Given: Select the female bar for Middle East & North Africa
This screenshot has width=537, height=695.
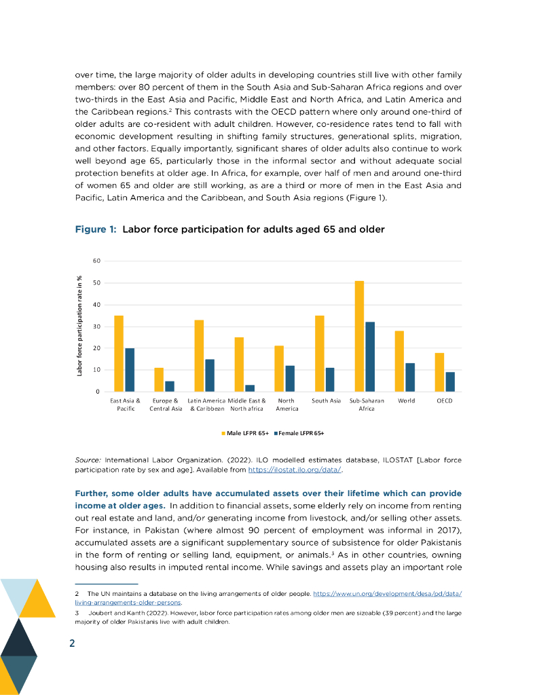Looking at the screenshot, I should pyautogui.click(x=250, y=388).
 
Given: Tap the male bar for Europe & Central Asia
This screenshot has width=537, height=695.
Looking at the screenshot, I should pyautogui.click(x=159, y=380).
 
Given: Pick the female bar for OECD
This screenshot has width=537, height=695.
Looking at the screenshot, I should pyautogui.click(x=450, y=381).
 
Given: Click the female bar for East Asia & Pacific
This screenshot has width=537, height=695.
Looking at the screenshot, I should pyautogui.click(x=130, y=370).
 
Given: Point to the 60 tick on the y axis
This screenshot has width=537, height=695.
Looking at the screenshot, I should pyautogui.click(x=96, y=261).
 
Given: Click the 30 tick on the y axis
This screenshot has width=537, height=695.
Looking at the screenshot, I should pyautogui.click(x=96, y=326).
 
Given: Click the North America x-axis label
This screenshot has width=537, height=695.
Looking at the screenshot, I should pyautogui.click(x=287, y=405).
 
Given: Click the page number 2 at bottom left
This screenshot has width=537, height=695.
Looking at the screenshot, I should pyautogui.click(x=72, y=643).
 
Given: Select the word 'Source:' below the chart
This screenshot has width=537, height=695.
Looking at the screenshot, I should pyautogui.click(x=88, y=460).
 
